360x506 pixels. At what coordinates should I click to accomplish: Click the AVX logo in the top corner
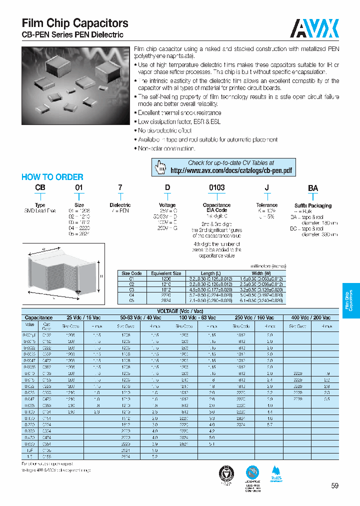pyautogui.click(x=315, y=27)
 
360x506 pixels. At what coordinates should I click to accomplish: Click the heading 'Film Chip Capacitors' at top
pyautogui.click(x=75, y=23)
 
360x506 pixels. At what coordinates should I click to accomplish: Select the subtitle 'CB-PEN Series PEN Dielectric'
pyautogui.click(x=72, y=35)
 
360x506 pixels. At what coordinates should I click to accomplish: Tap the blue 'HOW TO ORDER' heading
pyautogui.click(x=52, y=177)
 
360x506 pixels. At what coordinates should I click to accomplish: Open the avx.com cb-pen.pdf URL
pyautogui.click(x=230, y=170)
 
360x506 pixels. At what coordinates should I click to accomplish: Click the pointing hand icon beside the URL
pyautogui.click(x=160, y=167)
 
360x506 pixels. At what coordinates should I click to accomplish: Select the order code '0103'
pyautogui.click(x=216, y=188)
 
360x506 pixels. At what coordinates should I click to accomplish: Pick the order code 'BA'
pyautogui.click(x=312, y=188)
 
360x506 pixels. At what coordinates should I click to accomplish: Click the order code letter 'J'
pyautogui.click(x=267, y=188)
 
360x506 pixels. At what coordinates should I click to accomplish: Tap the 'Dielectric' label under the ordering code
pyautogui.click(x=120, y=205)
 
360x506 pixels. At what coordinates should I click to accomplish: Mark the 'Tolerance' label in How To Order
pyautogui.click(x=267, y=205)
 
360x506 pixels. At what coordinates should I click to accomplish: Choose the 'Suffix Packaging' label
pyautogui.click(x=313, y=205)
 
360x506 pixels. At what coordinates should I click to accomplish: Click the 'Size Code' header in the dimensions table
pyautogui.click(x=132, y=273)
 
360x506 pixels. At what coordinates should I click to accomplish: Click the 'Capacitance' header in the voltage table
pyautogui.click(x=38, y=317)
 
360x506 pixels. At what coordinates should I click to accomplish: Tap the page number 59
pyautogui.click(x=334, y=485)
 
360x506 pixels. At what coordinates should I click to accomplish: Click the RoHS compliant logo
pyautogui.click(x=275, y=475)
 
